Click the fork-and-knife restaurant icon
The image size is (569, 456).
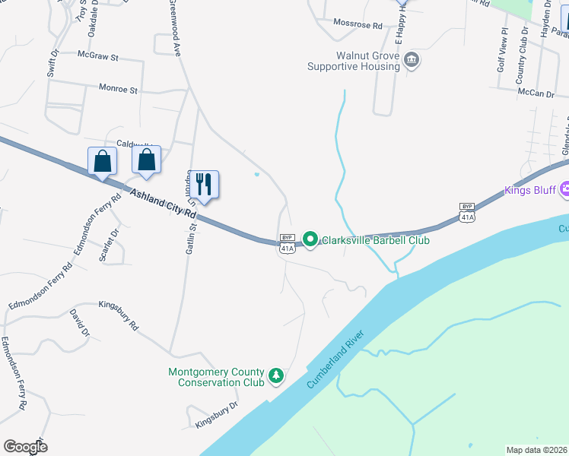203,184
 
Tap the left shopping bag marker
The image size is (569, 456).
102,161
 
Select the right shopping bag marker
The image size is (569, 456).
146,161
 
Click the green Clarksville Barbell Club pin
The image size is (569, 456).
310,239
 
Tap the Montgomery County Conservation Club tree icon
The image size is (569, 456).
277,375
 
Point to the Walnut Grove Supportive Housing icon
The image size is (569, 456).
412,60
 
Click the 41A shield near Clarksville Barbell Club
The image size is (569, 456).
287,248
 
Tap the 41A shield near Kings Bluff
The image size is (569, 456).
467,217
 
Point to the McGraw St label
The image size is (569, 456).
99,56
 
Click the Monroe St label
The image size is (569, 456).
118,89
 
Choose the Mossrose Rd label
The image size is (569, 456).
358,25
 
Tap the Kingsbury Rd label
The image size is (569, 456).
119,315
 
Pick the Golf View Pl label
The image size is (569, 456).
502,52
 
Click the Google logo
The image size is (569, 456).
25,447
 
